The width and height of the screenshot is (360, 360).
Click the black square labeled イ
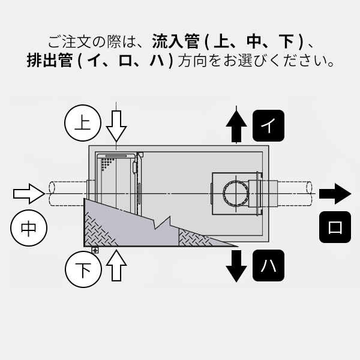tap(268, 125)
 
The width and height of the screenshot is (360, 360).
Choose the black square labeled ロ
tap(335, 227)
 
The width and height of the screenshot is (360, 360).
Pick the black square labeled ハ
tap(268, 266)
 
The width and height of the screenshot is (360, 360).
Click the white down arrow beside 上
tap(116, 125)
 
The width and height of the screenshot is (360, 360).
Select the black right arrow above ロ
tap(334, 193)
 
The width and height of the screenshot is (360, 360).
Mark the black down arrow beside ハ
tap(237, 265)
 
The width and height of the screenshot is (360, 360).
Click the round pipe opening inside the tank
tap(234, 194)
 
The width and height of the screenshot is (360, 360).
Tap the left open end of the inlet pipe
tap(50, 193)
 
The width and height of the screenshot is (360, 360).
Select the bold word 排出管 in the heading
tap(50, 61)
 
